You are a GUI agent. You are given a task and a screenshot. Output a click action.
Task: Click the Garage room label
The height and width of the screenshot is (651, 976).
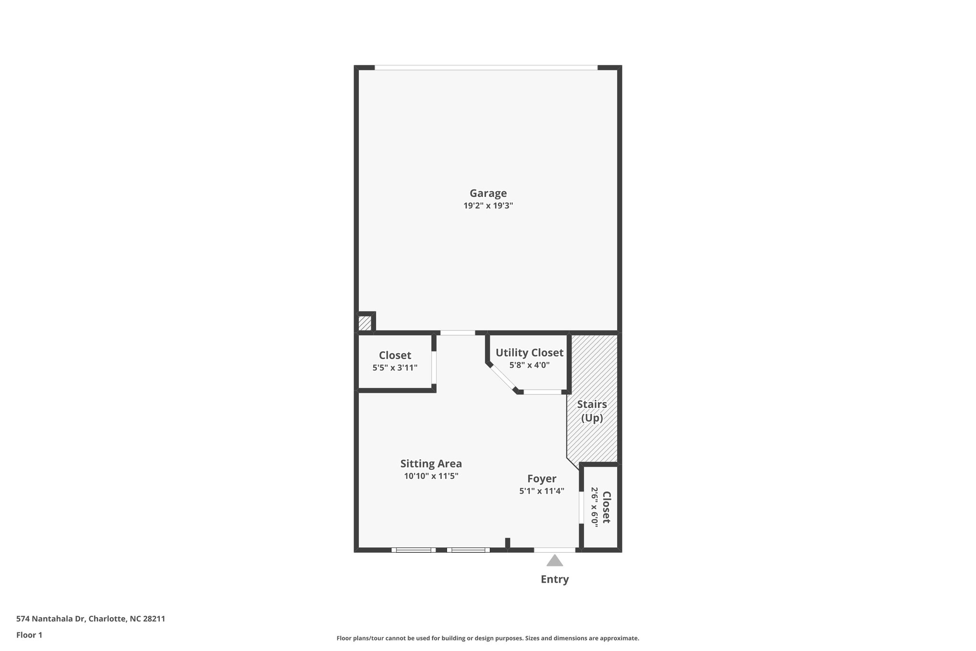(488, 193)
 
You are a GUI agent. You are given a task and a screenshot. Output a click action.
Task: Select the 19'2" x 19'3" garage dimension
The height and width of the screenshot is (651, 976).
(488, 206)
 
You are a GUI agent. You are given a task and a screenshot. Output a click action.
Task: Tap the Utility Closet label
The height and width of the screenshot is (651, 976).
(529, 353)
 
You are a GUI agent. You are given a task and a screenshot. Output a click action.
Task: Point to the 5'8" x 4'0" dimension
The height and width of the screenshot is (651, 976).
(529, 365)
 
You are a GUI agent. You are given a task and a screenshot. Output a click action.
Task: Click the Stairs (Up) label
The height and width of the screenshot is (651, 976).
(592, 411)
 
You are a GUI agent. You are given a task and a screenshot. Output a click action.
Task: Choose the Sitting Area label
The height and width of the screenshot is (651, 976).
(431, 464)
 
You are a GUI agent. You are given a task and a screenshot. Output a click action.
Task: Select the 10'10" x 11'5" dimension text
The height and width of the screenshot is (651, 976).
(431, 476)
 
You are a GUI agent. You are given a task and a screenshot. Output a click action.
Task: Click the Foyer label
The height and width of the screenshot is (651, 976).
(541, 479)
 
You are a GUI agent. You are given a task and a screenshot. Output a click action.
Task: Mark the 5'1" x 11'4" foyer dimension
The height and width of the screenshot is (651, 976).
(541, 491)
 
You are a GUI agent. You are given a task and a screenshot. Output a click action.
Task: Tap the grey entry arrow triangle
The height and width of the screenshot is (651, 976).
(554, 561)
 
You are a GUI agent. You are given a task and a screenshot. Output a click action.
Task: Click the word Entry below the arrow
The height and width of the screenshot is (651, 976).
(554, 579)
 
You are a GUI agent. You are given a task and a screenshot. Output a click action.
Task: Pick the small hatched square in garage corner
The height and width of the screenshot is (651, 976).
(365, 323)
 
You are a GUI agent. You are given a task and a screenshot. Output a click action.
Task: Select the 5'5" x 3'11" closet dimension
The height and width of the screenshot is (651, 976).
(395, 368)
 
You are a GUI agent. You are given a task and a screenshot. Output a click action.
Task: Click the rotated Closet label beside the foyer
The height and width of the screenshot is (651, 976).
(606, 507)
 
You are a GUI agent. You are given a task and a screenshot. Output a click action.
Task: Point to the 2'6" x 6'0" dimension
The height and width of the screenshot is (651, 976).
(594, 506)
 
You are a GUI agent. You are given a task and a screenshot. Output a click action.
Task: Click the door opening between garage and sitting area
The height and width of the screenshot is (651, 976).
(457, 332)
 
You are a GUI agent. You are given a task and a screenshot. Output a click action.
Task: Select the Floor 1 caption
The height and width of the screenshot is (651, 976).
(29, 635)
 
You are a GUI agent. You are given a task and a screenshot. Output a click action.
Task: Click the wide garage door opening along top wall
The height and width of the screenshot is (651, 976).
(486, 68)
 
